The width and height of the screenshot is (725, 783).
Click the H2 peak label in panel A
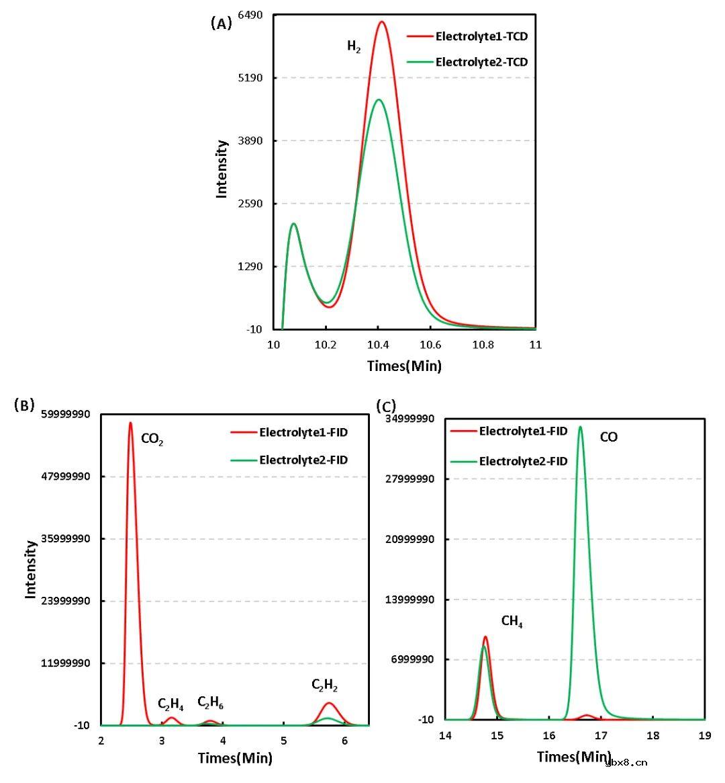coord(354,46)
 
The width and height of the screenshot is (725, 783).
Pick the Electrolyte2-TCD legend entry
coord(481,63)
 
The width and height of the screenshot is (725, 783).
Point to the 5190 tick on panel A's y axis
coord(250,78)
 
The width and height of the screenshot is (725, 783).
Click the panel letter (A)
coord(221,24)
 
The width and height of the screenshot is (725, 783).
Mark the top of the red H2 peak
coord(382,22)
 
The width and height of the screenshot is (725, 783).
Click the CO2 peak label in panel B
coord(152,440)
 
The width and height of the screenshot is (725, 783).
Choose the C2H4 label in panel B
coord(171,704)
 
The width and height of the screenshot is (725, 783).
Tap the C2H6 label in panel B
coord(210,703)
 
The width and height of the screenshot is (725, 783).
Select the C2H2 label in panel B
coord(324,686)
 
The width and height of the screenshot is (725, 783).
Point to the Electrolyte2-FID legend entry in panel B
coord(303,460)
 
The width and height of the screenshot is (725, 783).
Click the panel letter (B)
coord(24,405)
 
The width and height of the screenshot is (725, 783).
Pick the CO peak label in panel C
coord(608,438)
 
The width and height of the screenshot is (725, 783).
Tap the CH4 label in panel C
coord(512,622)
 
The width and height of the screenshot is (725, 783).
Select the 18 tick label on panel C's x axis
coord(652,736)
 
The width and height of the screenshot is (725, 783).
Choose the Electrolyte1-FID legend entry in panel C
coord(523,431)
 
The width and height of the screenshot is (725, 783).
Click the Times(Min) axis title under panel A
coord(404,366)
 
